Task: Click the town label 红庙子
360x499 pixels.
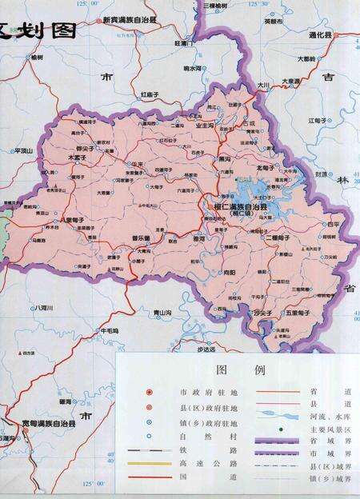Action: tap(151, 94)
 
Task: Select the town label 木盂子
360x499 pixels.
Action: tap(77, 158)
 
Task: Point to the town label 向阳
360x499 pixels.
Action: tap(230, 272)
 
